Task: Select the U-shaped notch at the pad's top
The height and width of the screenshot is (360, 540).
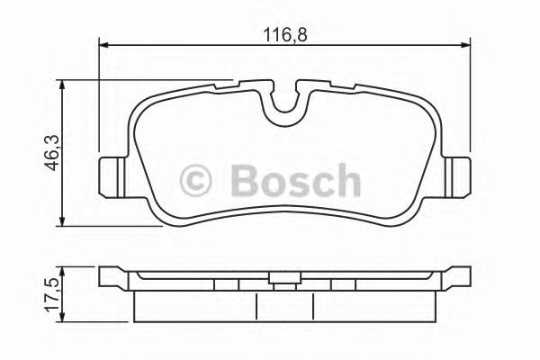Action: point(286,106)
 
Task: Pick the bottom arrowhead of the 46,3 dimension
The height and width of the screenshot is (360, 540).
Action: point(61,223)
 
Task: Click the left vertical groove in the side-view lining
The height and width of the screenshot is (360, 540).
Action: point(257,306)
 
